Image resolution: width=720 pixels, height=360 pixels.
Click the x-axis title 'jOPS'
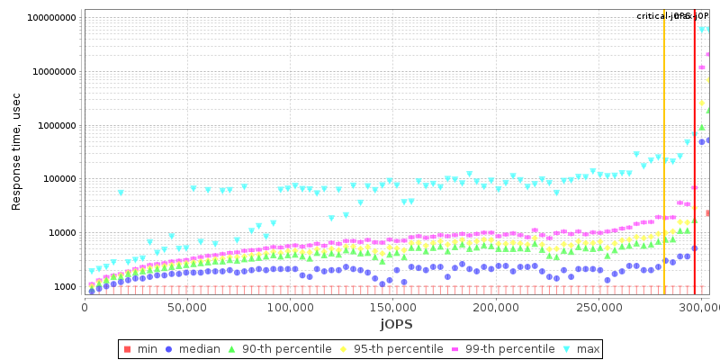click(395, 323)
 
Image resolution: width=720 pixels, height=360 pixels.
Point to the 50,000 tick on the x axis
click(187, 308)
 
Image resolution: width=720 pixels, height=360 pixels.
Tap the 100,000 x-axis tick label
click(290, 308)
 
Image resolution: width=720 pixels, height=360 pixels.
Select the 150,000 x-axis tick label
click(393, 308)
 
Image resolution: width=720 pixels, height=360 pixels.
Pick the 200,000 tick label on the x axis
click(497, 308)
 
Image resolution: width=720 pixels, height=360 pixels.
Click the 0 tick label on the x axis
click(85, 308)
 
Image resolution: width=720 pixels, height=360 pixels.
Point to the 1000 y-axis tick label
click(63, 287)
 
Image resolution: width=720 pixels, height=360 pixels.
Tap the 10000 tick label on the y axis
click(59, 233)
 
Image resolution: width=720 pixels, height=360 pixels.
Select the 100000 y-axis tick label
click(57, 179)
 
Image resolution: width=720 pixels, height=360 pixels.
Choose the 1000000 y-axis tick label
click(54, 126)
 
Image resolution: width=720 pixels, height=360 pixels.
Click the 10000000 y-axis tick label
click(51, 72)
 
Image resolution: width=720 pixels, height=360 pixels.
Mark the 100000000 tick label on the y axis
click(49, 18)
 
